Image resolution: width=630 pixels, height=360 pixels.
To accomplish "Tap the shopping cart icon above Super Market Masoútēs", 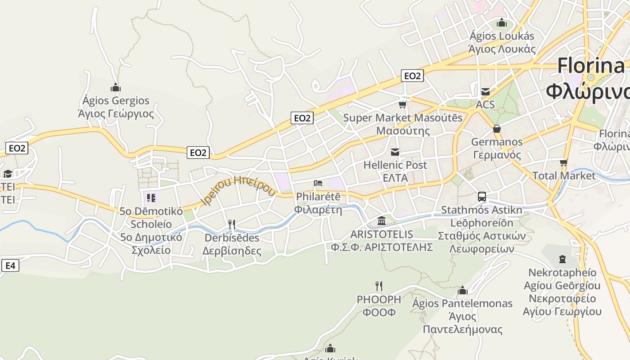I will click(402, 105).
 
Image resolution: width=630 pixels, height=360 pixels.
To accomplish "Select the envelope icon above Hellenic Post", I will click(395, 152).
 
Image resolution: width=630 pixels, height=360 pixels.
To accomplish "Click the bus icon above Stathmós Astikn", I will click(481, 197).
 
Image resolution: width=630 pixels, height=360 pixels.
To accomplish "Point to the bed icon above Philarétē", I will click(318, 183).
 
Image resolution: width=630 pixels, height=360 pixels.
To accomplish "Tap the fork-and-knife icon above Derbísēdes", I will click(232, 224).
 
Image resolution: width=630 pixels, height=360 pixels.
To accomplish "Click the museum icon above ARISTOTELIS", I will click(382, 221).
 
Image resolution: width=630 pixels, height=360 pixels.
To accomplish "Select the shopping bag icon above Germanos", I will click(497, 129).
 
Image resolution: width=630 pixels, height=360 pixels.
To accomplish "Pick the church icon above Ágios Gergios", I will click(116, 87).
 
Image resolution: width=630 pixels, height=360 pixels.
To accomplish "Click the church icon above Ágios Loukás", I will click(501, 23).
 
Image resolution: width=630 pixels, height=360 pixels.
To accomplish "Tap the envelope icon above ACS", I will click(486, 92).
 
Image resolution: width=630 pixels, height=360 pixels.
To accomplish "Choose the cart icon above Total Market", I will click(563, 162).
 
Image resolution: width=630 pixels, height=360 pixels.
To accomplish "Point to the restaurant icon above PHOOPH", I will click(379, 286).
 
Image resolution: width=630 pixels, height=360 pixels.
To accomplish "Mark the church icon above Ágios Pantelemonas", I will click(462, 290).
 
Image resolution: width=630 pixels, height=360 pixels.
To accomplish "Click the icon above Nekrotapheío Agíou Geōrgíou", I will click(562, 259).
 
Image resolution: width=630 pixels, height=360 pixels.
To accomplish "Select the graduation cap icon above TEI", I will click(8, 174).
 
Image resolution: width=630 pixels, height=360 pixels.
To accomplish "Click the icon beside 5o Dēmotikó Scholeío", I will click(151, 198).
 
